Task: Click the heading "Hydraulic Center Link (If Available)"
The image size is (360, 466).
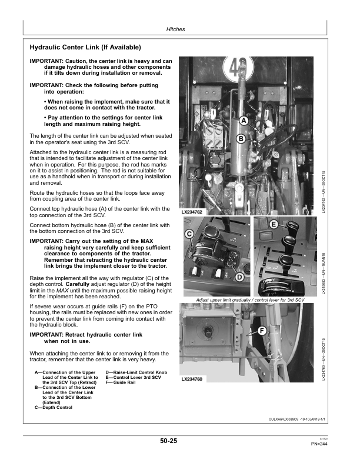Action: click(x=85, y=46)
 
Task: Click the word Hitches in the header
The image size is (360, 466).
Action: click(x=176, y=28)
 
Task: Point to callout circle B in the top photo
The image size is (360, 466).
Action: click(x=241, y=139)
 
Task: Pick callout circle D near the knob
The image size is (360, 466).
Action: click(x=240, y=277)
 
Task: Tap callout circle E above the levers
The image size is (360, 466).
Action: click(x=274, y=225)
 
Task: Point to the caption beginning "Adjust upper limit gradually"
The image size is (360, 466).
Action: click(x=249, y=300)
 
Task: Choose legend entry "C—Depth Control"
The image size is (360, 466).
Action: click(x=54, y=407)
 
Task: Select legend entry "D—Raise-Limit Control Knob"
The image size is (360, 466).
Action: click(x=136, y=372)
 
